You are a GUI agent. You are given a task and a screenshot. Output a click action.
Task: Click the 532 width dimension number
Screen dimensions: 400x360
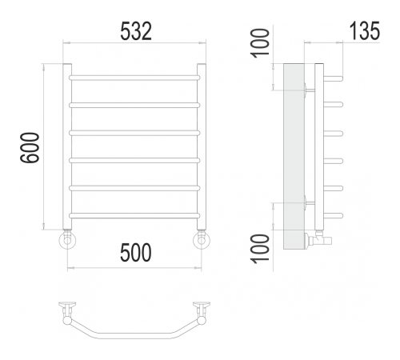coord(136,31)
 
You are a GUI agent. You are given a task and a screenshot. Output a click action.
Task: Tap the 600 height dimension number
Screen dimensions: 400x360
coord(30,147)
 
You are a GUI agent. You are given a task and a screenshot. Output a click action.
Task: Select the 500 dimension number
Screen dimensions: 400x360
coord(136,253)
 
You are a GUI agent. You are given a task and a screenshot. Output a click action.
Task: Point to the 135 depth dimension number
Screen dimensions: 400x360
coord(365,31)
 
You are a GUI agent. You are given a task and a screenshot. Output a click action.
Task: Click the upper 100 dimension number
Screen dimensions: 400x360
coord(260,43)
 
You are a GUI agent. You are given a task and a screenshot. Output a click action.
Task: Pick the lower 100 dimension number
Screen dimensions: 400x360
coord(260,249)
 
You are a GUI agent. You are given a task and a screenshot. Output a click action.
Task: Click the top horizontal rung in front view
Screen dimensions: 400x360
coord(134,78)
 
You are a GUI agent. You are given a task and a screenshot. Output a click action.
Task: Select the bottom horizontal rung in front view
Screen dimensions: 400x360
coord(134,215)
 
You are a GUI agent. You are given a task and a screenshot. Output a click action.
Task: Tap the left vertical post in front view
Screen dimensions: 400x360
coord(67,146)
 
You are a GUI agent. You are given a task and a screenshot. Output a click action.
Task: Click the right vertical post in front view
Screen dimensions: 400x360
coord(202,146)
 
